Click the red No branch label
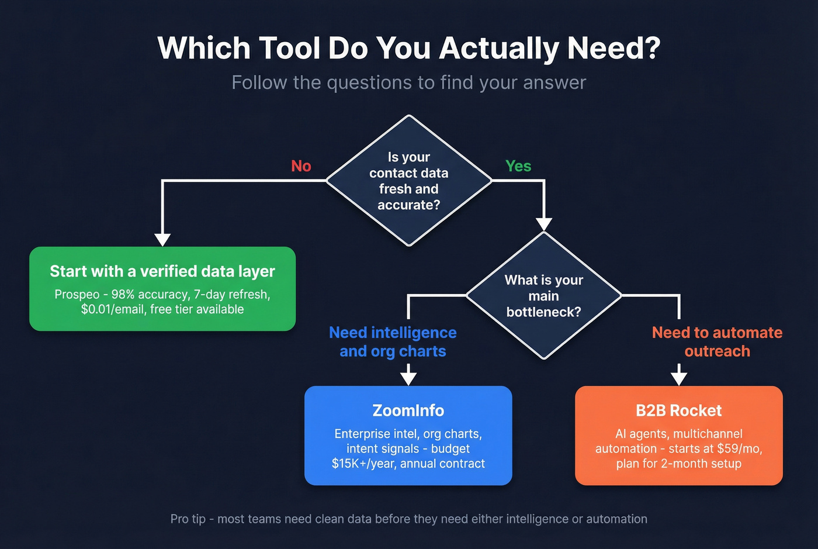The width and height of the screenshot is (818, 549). click(301, 166)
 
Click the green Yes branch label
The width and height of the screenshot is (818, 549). click(518, 166)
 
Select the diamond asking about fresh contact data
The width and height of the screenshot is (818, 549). click(409, 181)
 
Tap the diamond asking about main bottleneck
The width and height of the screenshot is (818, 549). click(544, 296)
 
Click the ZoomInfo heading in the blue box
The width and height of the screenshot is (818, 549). click(408, 410)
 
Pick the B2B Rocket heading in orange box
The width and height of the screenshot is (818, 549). click(678, 410)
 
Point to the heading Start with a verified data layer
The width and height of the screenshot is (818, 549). click(162, 271)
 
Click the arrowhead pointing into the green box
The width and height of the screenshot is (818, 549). click(162, 239)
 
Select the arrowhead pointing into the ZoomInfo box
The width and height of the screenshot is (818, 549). click(408, 378)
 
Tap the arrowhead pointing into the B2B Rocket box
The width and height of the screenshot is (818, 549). click(679, 378)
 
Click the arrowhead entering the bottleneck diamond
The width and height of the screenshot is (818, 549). click(544, 224)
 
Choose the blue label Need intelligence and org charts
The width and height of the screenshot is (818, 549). click(393, 342)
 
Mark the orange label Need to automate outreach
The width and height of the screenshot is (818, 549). click(717, 342)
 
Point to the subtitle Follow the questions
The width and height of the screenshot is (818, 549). click(408, 82)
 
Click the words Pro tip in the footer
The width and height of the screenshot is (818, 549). click(188, 519)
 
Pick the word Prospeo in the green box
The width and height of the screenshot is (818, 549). click(77, 294)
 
